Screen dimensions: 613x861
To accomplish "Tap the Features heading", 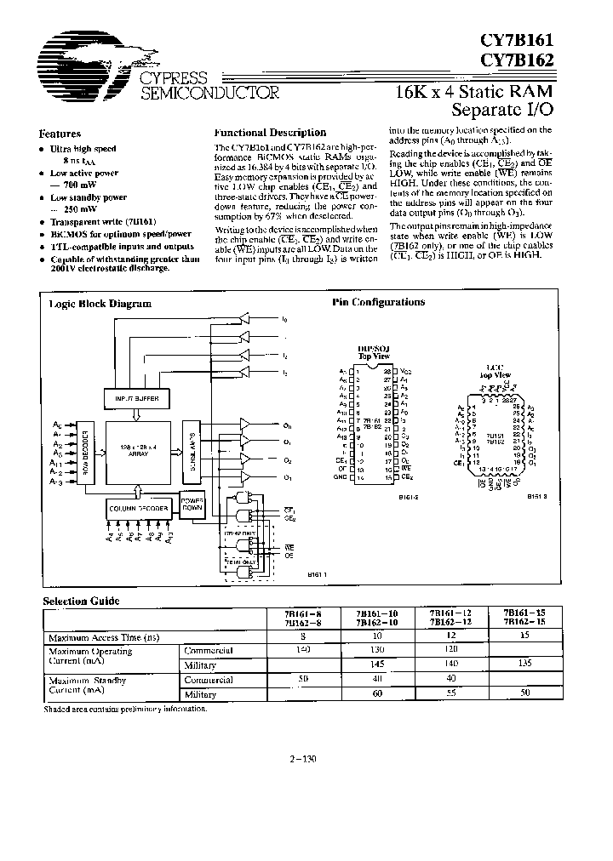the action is point(60,134).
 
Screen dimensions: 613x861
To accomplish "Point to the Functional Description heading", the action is point(270,133).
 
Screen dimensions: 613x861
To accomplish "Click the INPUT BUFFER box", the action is point(137,398).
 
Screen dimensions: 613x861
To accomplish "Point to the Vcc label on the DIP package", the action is point(404,371).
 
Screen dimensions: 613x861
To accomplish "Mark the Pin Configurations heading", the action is point(377,302).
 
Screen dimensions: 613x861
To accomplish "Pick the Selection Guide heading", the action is point(82,601).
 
